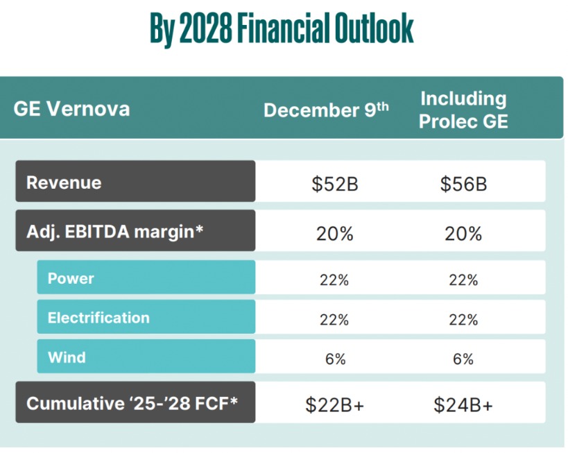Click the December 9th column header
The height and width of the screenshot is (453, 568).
[x=326, y=110]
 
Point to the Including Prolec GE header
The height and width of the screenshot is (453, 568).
[x=463, y=110]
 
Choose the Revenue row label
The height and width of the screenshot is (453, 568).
[x=64, y=182]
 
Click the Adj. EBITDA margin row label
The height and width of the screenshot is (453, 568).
[x=115, y=232]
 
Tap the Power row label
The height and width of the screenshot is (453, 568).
[x=71, y=278]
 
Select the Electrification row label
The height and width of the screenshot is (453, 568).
[x=98, y=318]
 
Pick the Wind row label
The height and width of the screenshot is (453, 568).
[x=67, y=357]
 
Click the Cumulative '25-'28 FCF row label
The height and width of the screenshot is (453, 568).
[x=132, y=402]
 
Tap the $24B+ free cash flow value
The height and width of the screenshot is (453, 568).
[x=463, y=404]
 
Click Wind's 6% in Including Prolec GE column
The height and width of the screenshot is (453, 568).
[x=463, y=359]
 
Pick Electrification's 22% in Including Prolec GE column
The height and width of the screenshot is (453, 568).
[x=463, y=319]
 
